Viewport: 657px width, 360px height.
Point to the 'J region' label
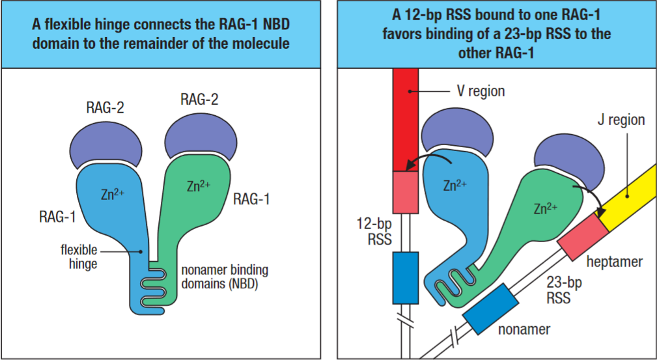(x=621, y=120)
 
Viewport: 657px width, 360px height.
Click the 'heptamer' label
(x=613, y=261)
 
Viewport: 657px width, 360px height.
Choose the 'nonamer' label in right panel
(x=524, y=329)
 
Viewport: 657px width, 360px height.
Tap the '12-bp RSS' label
(x=376, y=231)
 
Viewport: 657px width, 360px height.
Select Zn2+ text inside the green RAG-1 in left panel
(x=197, y=186)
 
